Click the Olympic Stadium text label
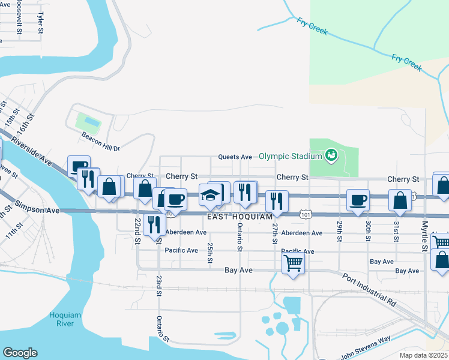(291, 157)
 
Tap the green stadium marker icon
(331, 157)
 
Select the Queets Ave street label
(235, 157)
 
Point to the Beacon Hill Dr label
(101, 148)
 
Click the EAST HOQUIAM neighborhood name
(240, 216)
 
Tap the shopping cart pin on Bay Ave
(293, 262)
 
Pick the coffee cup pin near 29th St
(358, 200)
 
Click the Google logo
(20, 353)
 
